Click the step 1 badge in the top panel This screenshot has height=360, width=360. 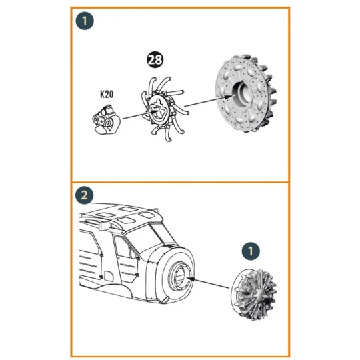85,21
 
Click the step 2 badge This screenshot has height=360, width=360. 84,195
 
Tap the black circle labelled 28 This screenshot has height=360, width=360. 155,60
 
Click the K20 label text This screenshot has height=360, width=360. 107,95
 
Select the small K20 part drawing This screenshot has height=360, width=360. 106,119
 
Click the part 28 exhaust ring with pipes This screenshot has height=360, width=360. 163,109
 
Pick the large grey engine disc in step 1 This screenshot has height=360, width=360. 245,94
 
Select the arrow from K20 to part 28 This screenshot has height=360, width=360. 141,115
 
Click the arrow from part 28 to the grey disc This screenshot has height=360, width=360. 209,101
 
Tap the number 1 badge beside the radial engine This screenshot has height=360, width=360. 251,251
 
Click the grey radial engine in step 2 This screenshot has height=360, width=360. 254,295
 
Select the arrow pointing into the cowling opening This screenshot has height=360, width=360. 208,283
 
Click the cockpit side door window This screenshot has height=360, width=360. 123,247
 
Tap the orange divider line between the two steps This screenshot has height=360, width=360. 180,182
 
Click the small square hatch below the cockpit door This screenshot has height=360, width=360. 109,276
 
